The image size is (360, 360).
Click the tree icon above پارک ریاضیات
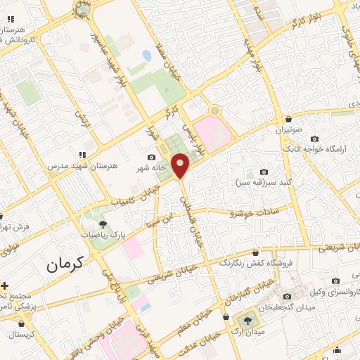103,224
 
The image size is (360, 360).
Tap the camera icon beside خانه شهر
151,157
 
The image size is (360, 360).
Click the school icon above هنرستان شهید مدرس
83,154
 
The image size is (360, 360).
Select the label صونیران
288,131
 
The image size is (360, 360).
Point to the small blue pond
146,55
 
